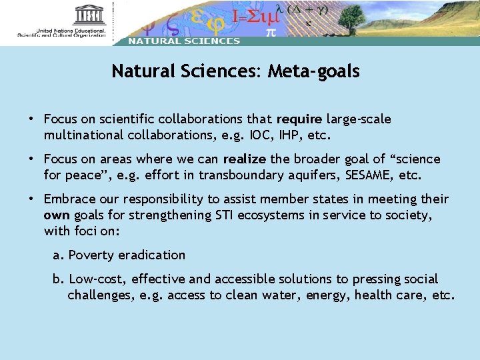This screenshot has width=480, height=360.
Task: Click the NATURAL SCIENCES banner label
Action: pos(184,41)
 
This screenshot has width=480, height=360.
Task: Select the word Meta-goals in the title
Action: pos(313,71)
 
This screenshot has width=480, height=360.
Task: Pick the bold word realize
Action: pos(244,159)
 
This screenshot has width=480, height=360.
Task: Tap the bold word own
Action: pos(57,215)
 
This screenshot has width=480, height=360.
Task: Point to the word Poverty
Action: pos(91,255)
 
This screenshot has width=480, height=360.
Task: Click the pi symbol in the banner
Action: pos(271,31)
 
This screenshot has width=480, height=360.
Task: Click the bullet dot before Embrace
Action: pos(31,199)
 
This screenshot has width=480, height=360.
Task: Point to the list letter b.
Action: pos(57,279)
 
